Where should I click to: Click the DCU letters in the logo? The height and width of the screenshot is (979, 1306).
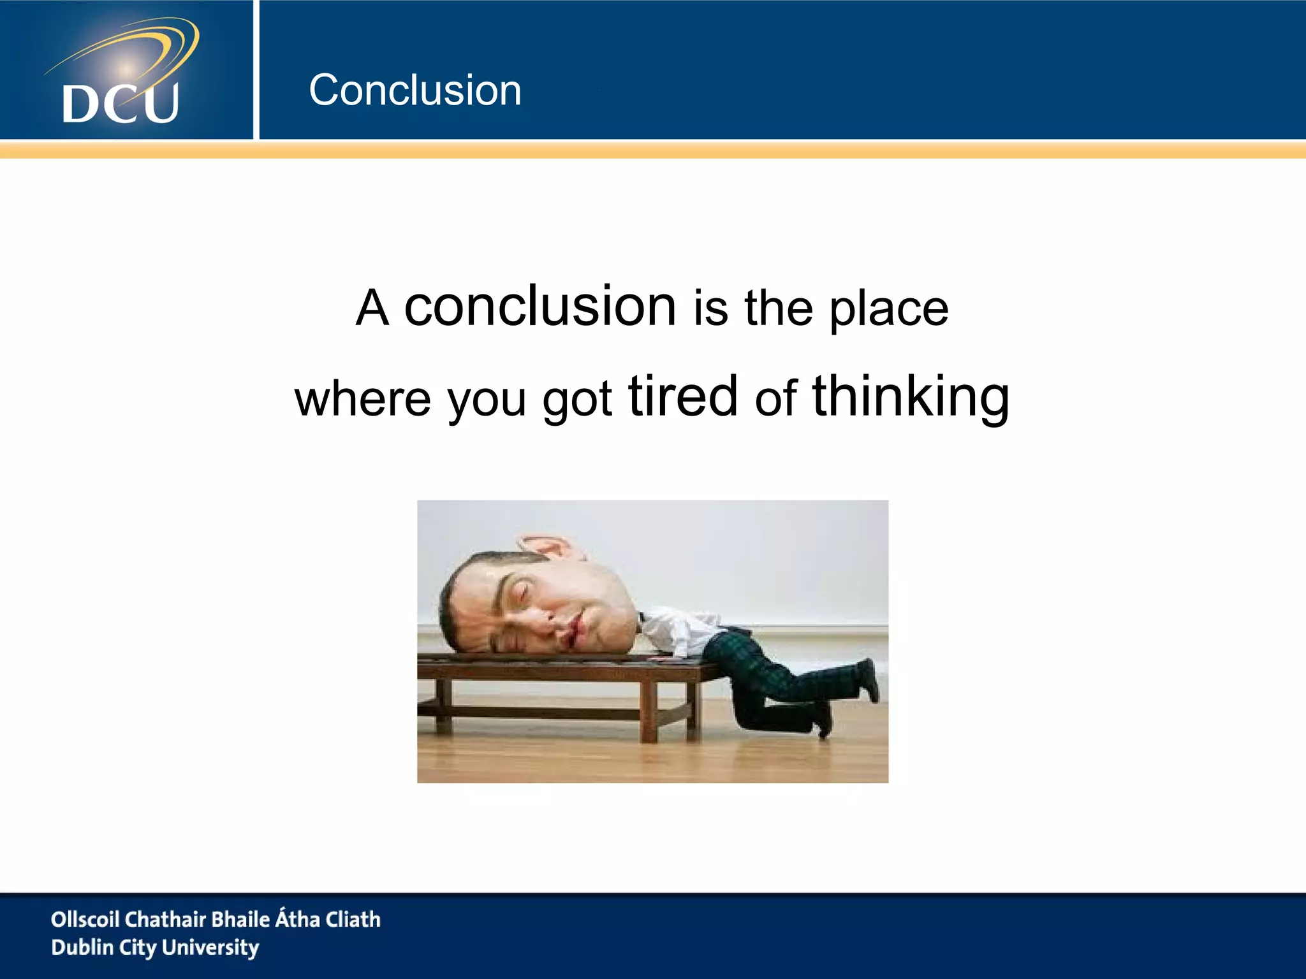click(x=121, y=103)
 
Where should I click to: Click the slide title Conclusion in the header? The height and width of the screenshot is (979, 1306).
click(x=415, y=90)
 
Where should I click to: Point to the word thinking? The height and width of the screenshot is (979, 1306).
click(x=911, y=398)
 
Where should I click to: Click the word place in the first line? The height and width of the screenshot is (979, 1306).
click(x=889, y=310)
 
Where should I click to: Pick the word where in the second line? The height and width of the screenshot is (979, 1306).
click(x=363, y=399)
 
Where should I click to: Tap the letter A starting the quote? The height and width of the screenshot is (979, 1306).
click(x=372, y=308)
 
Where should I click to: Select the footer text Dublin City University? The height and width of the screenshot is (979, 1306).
click(x=155, y=947)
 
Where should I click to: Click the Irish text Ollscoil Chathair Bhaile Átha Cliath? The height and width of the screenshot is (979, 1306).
click(x=216, y=919)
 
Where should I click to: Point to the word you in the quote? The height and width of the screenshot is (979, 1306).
click(x=487, y=400)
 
